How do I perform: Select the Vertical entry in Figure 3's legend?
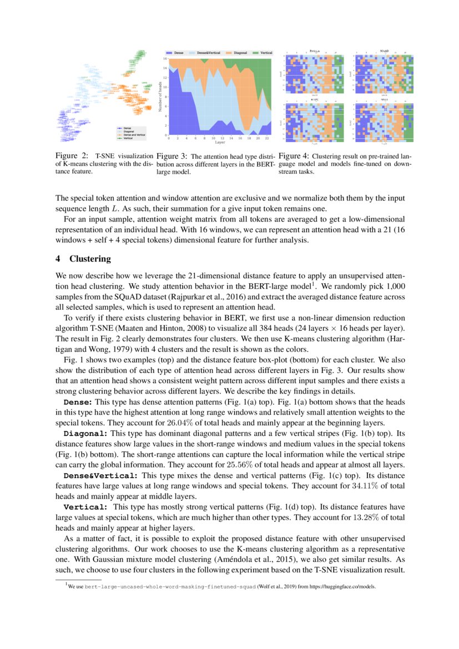click(266, 53)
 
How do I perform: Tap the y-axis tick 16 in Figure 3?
click(165, 58)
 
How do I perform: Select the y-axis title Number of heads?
click(159, 97)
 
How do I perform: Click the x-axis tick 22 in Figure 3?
click(268, 138)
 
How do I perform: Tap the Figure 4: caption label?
click(295, 156)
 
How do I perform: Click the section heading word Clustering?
click(90, 259)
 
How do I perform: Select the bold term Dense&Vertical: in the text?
click(101, 475)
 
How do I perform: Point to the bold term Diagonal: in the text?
click(86, 432)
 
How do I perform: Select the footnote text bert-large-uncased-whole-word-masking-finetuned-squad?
click(170, 585)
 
